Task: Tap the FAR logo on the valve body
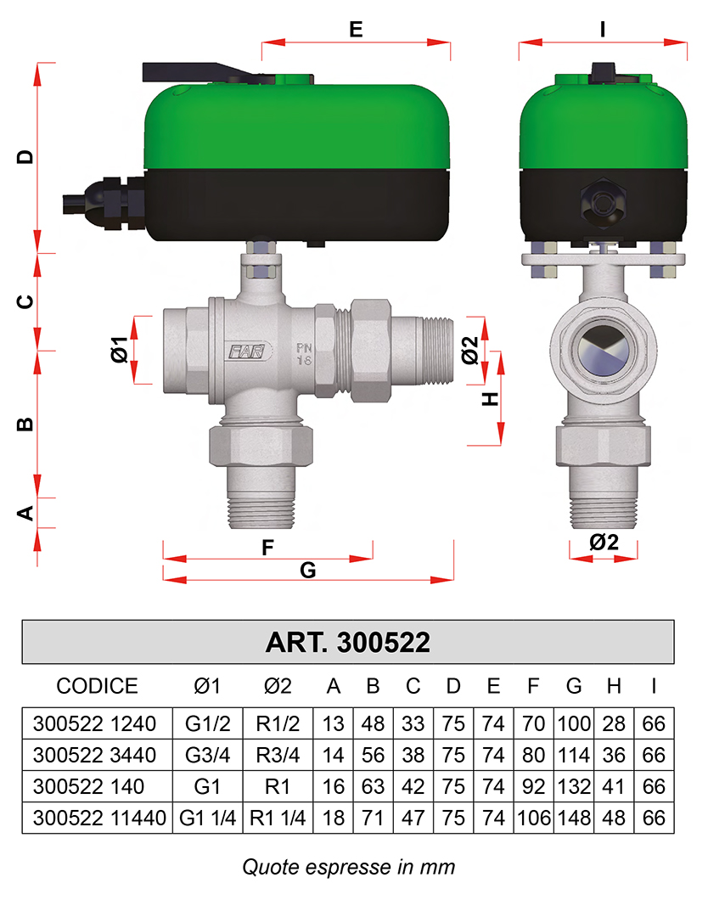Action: click(247, 352)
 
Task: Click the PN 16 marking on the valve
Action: click(304, 354)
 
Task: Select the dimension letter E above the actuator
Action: click(356, 29)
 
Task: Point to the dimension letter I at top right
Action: click(603, 29)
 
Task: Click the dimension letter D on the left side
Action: click(25, 157)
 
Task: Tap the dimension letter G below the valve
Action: click(308, 570)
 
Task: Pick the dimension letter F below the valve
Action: click(267, 548)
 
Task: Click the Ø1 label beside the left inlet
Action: click(120, 350)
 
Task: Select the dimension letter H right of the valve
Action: click(490, 399)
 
